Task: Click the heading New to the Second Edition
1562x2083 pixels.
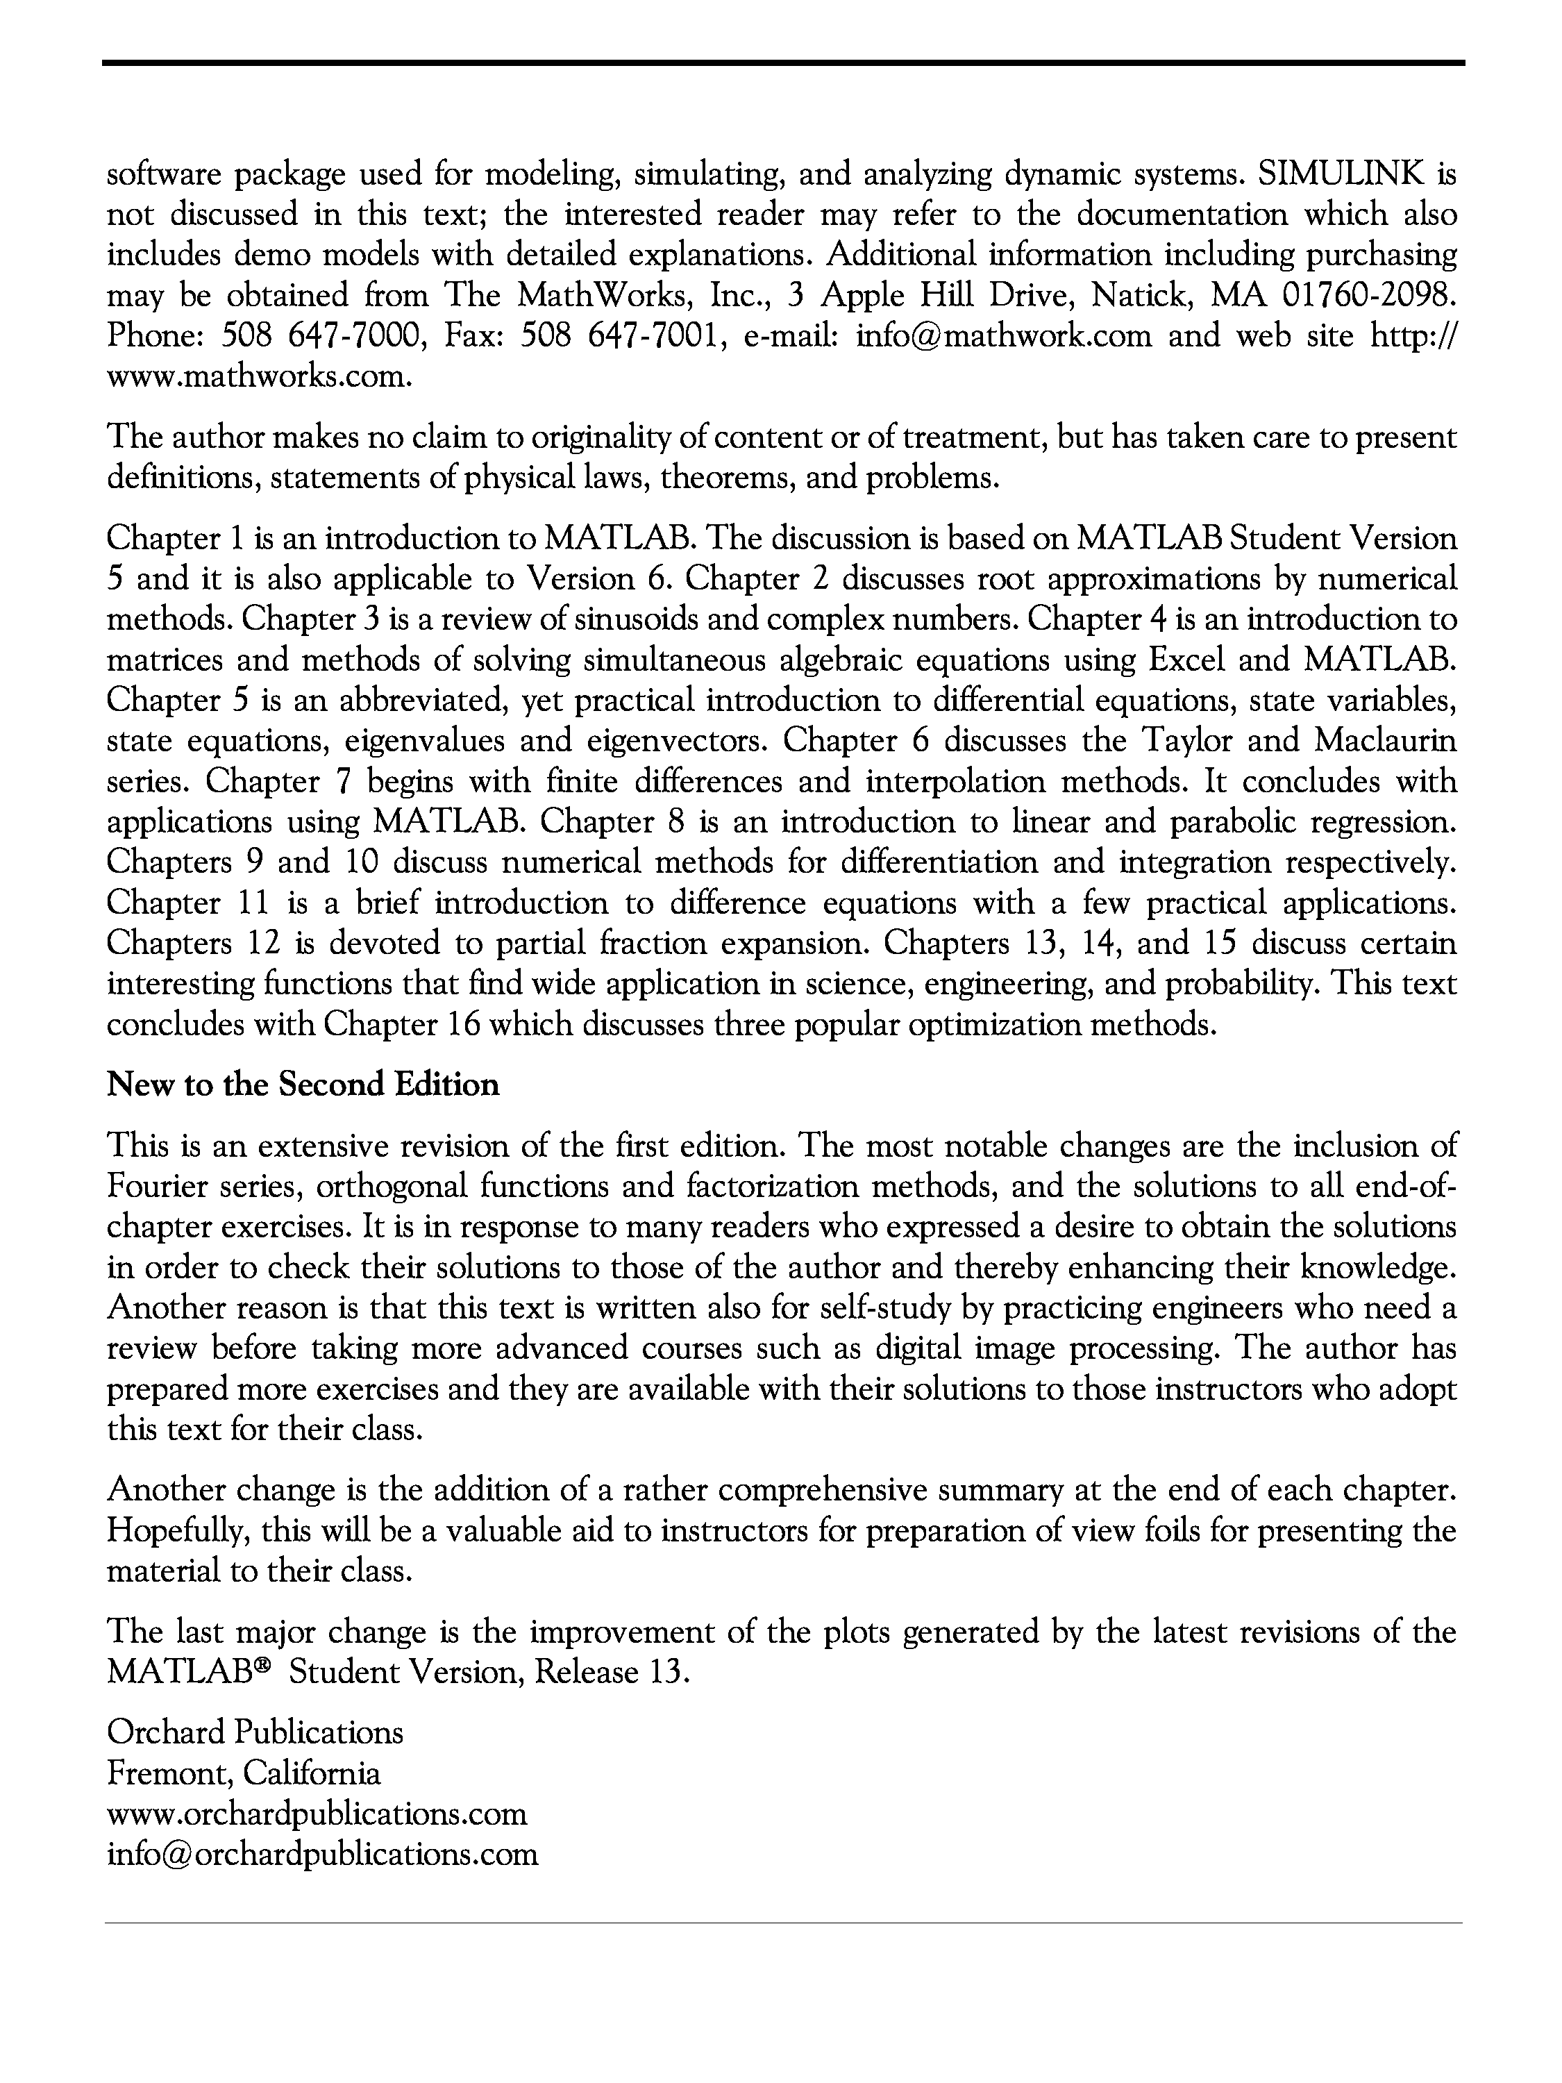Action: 303,1085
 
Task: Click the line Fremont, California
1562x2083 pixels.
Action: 244,1773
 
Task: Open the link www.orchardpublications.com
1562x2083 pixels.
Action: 317,1814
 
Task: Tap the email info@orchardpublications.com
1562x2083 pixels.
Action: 322,1854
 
